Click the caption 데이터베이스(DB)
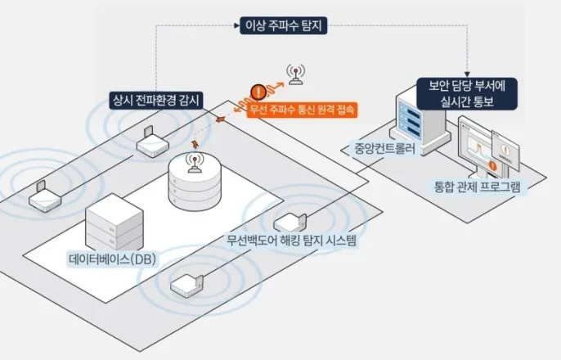coord(113,259)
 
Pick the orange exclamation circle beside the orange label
coord(258,91)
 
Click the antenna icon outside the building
coord(294,75)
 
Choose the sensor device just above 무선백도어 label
coord(290,221)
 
